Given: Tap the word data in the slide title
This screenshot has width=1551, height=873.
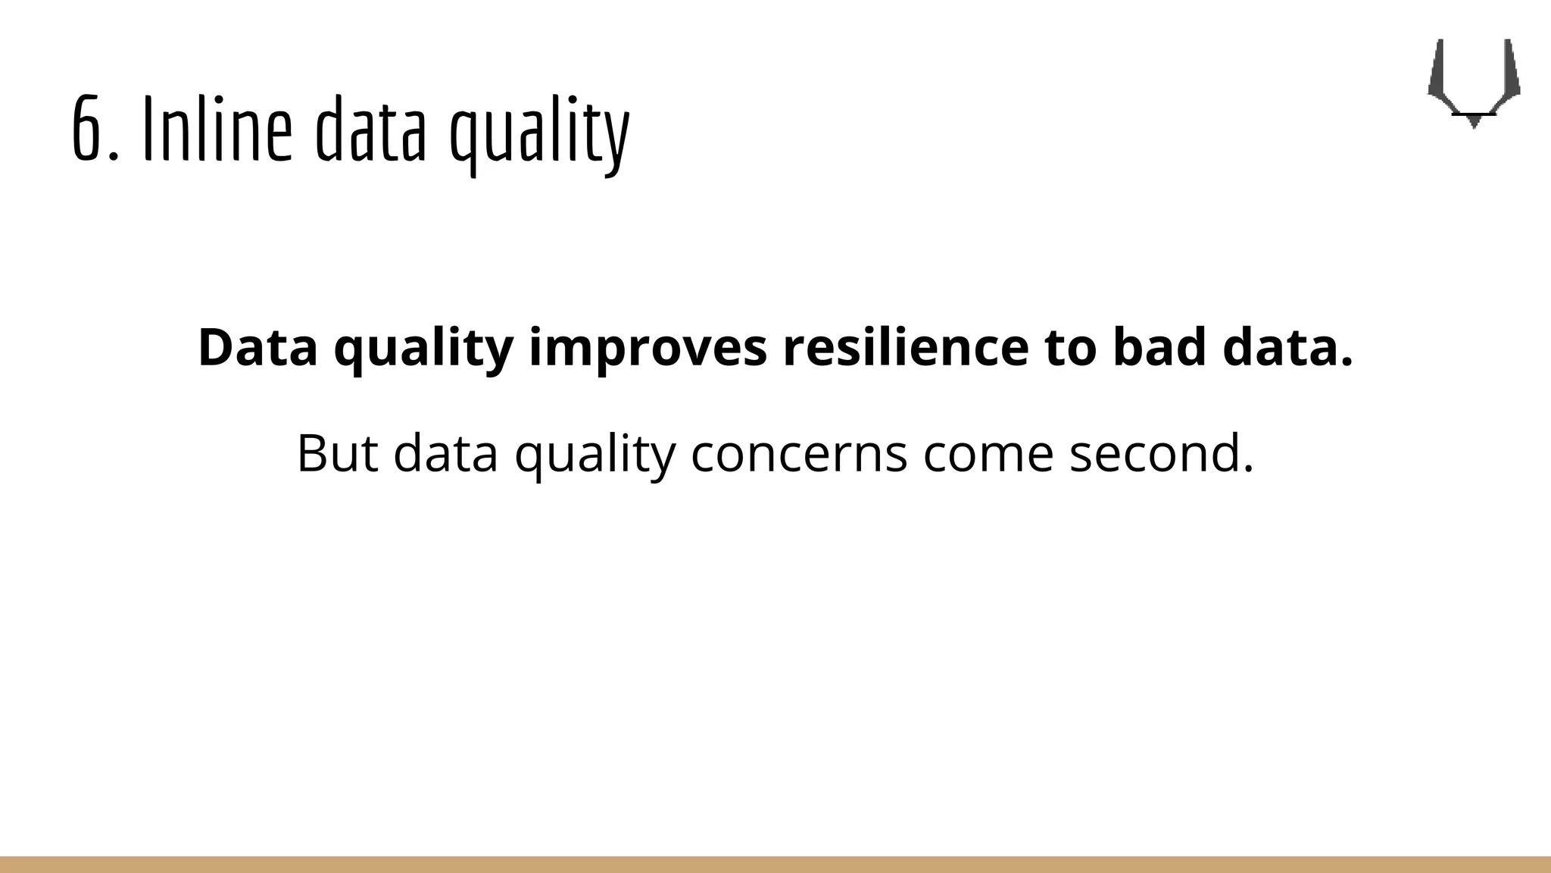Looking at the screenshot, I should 370,130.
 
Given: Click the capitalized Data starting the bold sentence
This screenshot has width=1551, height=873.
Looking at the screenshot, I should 257,348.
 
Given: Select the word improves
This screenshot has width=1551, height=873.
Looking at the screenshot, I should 648,349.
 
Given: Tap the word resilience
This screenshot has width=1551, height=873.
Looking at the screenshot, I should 905,348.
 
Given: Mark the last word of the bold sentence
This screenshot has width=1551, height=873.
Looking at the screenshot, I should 1287,348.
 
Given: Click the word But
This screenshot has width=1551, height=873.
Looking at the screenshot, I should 336,453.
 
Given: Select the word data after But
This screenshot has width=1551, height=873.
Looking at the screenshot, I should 445,453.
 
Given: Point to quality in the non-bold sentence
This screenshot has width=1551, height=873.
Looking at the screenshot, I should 594,455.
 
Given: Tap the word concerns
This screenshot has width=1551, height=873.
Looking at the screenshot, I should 799,455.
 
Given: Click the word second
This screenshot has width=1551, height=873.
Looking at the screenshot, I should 1153,453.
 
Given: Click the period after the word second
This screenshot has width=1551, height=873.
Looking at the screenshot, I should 1248,470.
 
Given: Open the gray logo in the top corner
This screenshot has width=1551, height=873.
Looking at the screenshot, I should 1473,83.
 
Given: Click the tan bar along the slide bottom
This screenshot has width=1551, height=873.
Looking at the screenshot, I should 775,865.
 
